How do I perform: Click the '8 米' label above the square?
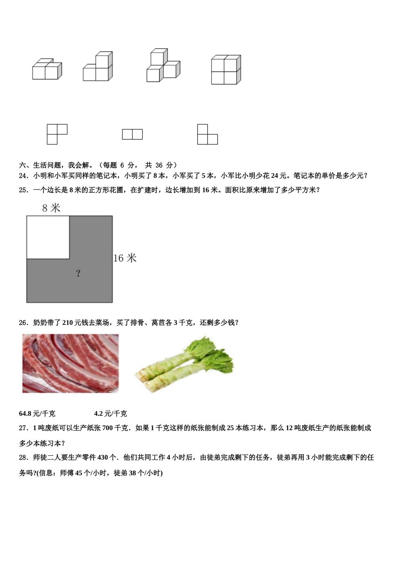51,208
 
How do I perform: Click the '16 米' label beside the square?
125,258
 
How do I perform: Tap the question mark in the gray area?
78,273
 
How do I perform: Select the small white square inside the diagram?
48,237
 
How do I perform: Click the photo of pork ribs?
70,363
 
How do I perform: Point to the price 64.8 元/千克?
37,414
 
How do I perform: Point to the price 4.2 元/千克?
110,414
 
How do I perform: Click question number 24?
23,176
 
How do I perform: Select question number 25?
23,190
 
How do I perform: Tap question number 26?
23,322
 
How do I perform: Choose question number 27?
23,428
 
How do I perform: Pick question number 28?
23,457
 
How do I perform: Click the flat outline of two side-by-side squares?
132,134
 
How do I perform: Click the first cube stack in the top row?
47,69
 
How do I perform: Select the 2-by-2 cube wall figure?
226,70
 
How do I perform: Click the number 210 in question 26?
68,322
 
